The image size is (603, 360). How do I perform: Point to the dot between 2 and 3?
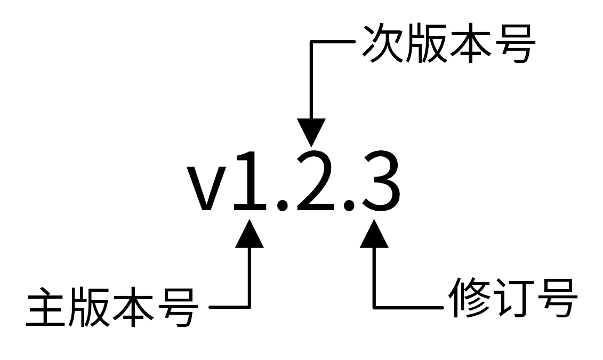coord(349,204)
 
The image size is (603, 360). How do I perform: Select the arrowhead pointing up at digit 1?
coord(250,235)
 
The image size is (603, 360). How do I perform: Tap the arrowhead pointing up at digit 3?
coord(374,235)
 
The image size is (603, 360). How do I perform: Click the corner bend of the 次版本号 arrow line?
coord(311,42)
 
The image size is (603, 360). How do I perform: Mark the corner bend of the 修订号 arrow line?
coord(374,307)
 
